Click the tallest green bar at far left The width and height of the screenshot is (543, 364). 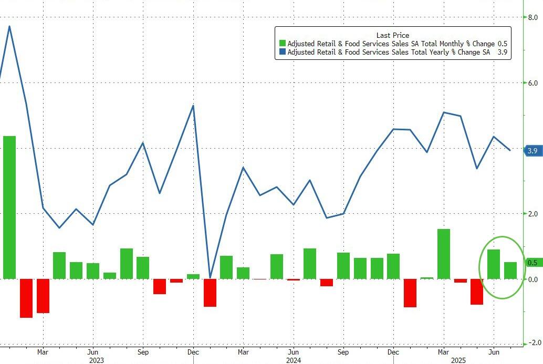click(9, 207)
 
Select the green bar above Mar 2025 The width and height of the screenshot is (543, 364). click(444, 254)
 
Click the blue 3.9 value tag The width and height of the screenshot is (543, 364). click(532, 151)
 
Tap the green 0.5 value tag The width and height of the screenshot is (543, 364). click(532, 263)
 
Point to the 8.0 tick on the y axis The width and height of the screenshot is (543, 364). click(532, 17)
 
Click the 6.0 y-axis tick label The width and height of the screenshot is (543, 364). click(532, 83)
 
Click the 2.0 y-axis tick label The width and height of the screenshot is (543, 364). click(532, 214)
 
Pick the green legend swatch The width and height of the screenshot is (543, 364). click(283, 44)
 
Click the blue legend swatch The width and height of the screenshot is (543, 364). click(283, 52)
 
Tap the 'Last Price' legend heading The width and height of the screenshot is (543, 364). click(392, 35)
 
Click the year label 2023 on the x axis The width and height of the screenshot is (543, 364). click(96, 360)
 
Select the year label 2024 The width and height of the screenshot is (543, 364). click(294, 360)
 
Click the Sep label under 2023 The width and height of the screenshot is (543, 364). click(143, 351)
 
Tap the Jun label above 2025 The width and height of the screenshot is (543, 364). click(494, 351)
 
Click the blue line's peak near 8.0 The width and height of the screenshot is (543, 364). click(9, 26)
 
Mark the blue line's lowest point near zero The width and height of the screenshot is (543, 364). click(210, 277)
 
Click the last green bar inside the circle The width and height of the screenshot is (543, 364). click(510, 270)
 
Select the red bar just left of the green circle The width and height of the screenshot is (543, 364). click(477, 292)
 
